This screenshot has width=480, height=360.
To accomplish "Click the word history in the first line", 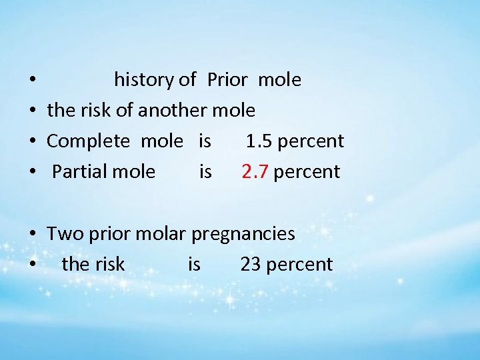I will point(144,80).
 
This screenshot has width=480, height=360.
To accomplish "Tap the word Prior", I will point(227,80).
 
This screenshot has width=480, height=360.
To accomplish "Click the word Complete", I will point(88,141).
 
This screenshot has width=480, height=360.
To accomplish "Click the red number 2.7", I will point(255,172).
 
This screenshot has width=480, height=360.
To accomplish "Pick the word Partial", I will point(75,172).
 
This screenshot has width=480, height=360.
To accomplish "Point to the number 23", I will point(250,265).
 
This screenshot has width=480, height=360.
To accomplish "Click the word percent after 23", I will point(299,265).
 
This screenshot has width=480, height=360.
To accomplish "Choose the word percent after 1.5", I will point(311,141).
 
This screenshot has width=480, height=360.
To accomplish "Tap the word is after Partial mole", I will point(205,172).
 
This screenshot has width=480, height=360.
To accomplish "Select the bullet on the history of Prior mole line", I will point(33,81).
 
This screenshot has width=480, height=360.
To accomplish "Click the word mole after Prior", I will point(279,80).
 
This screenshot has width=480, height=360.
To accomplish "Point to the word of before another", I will point(124,111).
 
